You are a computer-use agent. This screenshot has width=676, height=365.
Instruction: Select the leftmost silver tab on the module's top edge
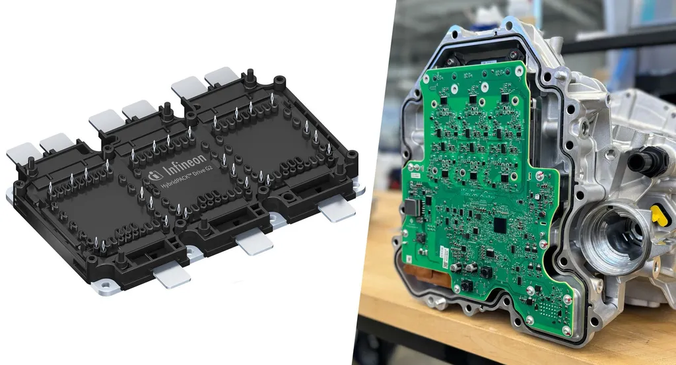pos(21,153)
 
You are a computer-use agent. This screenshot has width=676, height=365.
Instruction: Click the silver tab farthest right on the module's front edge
pos(336,209)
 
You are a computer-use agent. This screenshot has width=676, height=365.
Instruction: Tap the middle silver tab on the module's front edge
pos(254,242)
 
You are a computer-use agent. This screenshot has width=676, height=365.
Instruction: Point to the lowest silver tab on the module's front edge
pos(171,275)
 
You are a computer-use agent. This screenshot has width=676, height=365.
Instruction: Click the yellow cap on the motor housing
pos(657,214)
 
